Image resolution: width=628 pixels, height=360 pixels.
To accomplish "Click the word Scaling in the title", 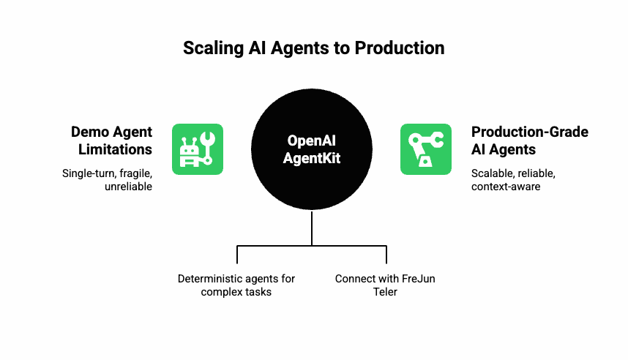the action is (x=214, y=48).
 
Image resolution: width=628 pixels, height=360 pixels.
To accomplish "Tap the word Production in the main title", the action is (x=400, y=48).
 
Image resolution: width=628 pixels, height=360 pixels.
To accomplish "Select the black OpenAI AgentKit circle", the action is (x=312, y=149).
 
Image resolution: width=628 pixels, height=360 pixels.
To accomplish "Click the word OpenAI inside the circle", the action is (x=312, y=140).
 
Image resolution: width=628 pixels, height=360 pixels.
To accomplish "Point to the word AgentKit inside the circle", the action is (x=312, y=158).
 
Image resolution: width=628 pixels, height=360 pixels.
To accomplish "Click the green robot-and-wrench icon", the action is (x=198, y=149).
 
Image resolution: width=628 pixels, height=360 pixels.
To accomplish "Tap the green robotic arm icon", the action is (x=426, y=149).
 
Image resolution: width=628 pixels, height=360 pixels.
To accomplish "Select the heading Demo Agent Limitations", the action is (x=112, y=140).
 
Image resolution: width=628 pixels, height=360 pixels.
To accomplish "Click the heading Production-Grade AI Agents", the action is (x=529, y=140).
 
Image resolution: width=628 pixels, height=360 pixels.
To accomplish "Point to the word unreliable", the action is (x=129, y=187).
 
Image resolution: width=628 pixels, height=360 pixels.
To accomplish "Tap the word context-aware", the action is (x=506, y=187).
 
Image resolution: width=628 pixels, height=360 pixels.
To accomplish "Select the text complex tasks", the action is (x=236, y=292).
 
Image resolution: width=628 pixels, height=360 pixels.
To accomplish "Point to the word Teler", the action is (x=385, y=292).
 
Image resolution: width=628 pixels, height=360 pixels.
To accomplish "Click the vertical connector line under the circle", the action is (x=312, y=228).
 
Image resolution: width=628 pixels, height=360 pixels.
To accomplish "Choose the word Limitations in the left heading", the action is (x=116, y=149).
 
